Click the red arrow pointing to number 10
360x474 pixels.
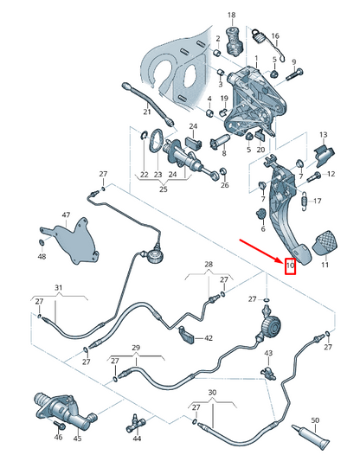[261, 251]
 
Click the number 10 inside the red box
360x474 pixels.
[290, 266]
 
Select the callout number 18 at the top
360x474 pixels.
[231, 15]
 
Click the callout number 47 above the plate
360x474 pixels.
[66, 215]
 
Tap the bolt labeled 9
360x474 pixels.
[294, 74]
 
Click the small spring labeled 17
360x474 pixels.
[305, 201]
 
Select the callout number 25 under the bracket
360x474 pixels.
[164, 189]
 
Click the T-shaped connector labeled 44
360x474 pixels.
[135, 423]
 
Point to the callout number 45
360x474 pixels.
[77, 439]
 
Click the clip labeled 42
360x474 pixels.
[187, 335]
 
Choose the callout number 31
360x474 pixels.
[58, 287]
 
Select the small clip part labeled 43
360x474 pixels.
[268, 374]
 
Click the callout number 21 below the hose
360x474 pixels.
[147, 112]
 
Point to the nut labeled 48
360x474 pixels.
[42, 242]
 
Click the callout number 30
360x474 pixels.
[213, 393]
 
